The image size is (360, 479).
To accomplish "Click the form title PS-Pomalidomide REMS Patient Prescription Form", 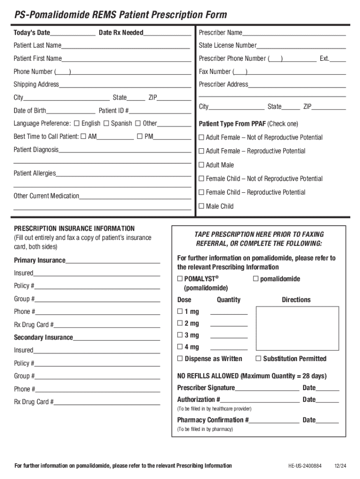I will coord(120,15).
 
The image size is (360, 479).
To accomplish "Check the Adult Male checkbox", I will coord(202,165).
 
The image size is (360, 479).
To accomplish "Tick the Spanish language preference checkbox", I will coord(106,123).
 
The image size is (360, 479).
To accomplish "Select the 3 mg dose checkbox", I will coord(180,335).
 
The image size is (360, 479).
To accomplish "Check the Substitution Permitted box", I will coord(258,359).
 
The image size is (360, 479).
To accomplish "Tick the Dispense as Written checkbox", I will coord(180,359).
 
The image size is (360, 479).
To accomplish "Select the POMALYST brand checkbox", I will coord(180,279).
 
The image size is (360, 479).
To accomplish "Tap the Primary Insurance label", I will coord(40,260).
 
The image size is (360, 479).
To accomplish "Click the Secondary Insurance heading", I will coord(43,337).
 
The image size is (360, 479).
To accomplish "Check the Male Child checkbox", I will coord(202,206).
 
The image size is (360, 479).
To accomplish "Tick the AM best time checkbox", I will coord(83,137).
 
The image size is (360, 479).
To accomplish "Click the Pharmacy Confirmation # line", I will coord(274,420).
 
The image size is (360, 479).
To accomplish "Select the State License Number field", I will coord(301,45).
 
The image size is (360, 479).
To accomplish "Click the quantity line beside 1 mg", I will coord(229,312).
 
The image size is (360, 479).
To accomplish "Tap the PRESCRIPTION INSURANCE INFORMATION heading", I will coord(74,228).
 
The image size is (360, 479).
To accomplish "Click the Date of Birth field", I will coord(71,111).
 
